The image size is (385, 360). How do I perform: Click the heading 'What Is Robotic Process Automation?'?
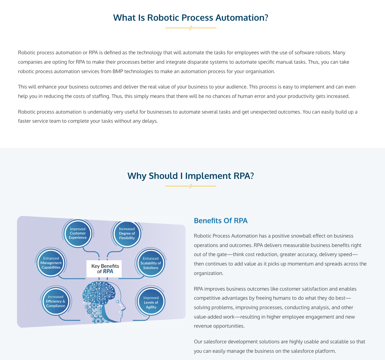pyautogui.click(x=191, y=18)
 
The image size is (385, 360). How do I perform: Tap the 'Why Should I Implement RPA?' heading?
pyautogui.click(x=191, y=176)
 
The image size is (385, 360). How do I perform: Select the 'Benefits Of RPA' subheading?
pyautogui.click(x=221, y=221)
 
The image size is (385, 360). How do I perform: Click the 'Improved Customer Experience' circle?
pyautogui.click(x=78, y=233)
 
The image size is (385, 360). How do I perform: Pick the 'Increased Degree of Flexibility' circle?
pyautogui.click(x=127, y=234)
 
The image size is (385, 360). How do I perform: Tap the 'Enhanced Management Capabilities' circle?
pyautogui.click(x=51, y=263)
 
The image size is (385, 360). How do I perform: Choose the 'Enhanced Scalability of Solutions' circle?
pyautogui.click(x=151, y=263)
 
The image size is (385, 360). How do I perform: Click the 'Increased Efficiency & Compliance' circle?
pyautogui.click(x=56, y=301)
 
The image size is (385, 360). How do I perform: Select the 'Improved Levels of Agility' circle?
pyautogui.click(x=151, y=302)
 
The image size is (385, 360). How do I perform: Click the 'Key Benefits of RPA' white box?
pyautogui.click(x=104, y=269)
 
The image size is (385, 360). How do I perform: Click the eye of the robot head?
pyautogui.click(x=117, y=302)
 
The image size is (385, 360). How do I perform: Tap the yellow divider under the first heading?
pyautogui.click(x=191, y=28)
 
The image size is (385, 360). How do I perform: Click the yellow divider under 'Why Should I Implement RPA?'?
pyautogui.click(x=191, y=186)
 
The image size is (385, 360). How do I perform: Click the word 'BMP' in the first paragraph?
pyautogui.click(x=118, y=71)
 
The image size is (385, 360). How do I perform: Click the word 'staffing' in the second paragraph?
pyautogui.click(x=100, y=96)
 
